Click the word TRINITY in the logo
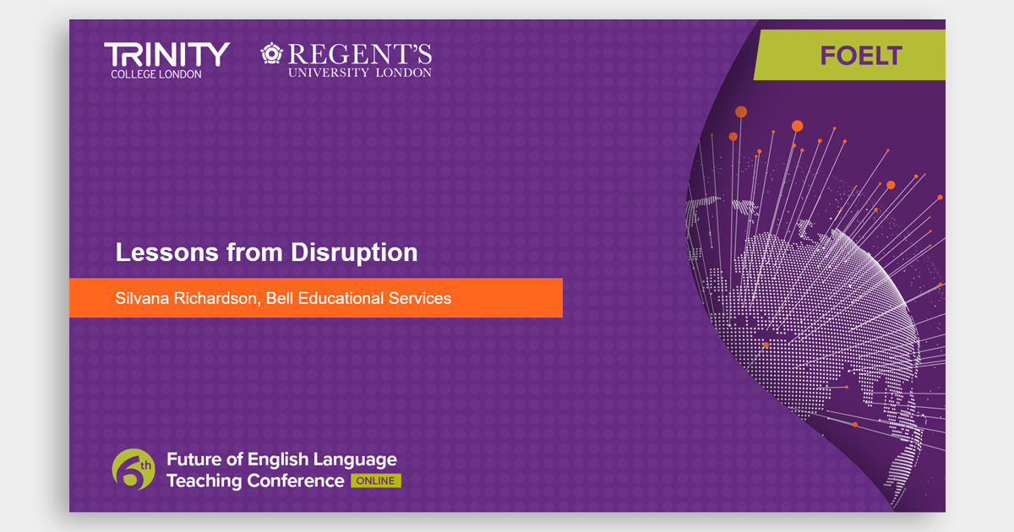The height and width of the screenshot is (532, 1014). [167, 55]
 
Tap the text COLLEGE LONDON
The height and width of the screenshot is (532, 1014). [156, 74]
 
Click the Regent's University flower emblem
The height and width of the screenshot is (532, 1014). [271, 53]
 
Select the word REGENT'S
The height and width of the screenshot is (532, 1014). [360, 54]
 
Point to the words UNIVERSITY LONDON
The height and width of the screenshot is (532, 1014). [360, 73]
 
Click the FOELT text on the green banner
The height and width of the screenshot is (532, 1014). [861, 56]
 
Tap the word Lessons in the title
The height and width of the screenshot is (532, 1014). [167, 252]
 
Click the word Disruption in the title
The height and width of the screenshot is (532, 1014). [354, 252]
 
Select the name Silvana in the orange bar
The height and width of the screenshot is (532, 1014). [142, 298]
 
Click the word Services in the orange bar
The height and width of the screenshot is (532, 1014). [420, 298]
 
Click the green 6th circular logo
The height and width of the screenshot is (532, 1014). [134, 470]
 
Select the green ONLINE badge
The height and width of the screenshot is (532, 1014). [376, 480]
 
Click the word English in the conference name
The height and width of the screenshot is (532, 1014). [278, 460]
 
